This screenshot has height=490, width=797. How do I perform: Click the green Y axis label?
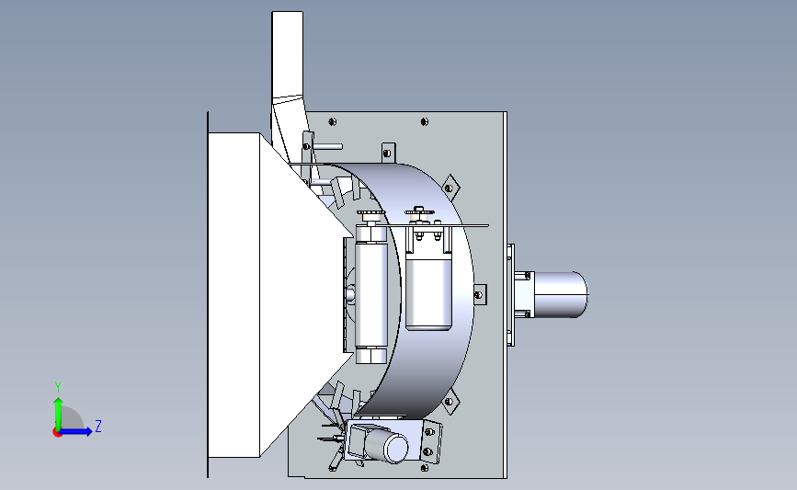(58, 387)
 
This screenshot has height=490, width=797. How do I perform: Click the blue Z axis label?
(98, 426)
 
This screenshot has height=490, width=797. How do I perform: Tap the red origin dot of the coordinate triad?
(57, 433)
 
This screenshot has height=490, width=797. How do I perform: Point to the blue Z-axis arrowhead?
(88, 431)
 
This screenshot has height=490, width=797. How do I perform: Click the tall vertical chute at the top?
(289, 76)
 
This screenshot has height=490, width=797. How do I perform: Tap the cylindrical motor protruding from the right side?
(559, 294)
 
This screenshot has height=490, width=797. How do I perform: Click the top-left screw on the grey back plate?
(333, 121)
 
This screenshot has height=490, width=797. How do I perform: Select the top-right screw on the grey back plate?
(425, 121)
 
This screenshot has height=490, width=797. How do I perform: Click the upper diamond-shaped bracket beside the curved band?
(450, 188)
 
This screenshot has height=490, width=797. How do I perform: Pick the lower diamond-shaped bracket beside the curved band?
(450, 402)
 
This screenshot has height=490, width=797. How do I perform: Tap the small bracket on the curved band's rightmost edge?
(479, 294)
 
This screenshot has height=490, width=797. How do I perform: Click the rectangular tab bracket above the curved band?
(388, 153)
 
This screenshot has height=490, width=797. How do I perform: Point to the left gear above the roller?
(371, 213)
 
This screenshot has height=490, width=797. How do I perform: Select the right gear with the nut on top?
(419, 211)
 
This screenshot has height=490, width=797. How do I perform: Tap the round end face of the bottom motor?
(396, 448)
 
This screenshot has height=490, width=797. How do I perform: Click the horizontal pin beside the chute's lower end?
(327, 146)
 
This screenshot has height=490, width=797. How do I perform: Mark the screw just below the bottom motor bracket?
(425, 468)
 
